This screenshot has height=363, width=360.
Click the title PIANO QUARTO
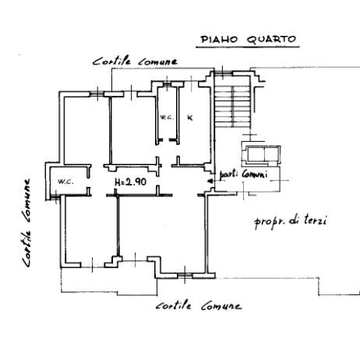(x=249, y=40)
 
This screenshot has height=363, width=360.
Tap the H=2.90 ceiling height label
(x=130, y=181)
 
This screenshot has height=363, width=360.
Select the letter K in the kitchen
(x=190, y=118)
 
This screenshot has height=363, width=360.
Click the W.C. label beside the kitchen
(x=167, y=118)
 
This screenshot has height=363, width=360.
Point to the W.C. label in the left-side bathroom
(x=65, y=181)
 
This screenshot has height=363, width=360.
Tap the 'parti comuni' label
(x=243, y=174)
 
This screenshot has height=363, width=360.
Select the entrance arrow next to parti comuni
(x=211, y=181)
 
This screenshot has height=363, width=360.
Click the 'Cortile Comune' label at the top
(x=135, y=62)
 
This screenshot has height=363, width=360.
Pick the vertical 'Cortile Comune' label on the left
(x=26, y=223)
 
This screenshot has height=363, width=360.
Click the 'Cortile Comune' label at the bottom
(x=199, y=305)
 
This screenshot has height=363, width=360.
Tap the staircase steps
(x=232, y=107)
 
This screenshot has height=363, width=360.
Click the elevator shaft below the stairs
(x=260, y=155)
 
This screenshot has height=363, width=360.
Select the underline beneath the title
(x=248, y=48)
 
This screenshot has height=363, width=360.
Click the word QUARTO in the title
(x=271, y=40)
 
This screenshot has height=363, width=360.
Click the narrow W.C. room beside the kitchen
(x=168, y=115)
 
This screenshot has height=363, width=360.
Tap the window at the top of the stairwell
(x=223, y=72)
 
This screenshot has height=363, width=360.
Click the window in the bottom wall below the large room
(x=185, y=275)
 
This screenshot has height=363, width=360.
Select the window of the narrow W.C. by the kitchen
(x=167, y=84)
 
